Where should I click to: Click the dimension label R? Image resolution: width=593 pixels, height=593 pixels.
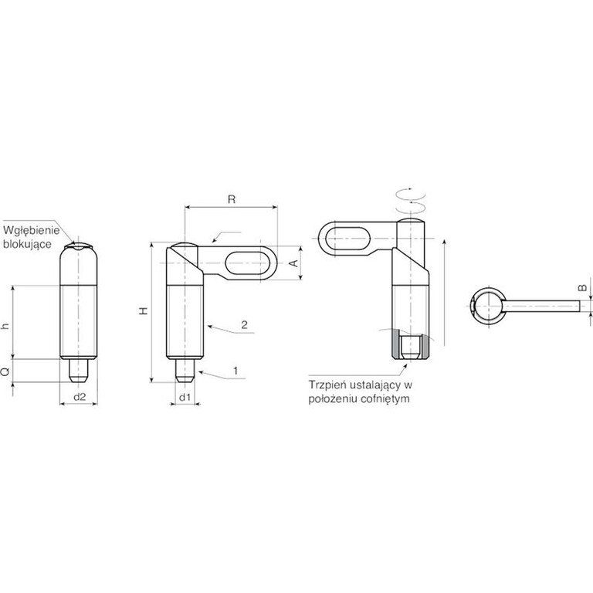pos(232,199)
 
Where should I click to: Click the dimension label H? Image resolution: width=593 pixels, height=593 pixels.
pos(144,311)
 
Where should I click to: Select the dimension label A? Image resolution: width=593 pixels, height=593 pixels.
pos(294,263)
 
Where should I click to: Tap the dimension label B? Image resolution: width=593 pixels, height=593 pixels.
pos(583,288)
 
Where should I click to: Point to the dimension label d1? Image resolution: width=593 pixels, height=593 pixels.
pos(185,398)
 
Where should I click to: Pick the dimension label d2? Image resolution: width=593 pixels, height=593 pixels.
pos(80,397)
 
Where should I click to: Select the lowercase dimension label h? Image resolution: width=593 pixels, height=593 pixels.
pos(5,326)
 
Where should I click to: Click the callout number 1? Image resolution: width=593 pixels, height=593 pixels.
pos(236,371)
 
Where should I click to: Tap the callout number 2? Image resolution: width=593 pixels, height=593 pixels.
pos(244,324)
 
